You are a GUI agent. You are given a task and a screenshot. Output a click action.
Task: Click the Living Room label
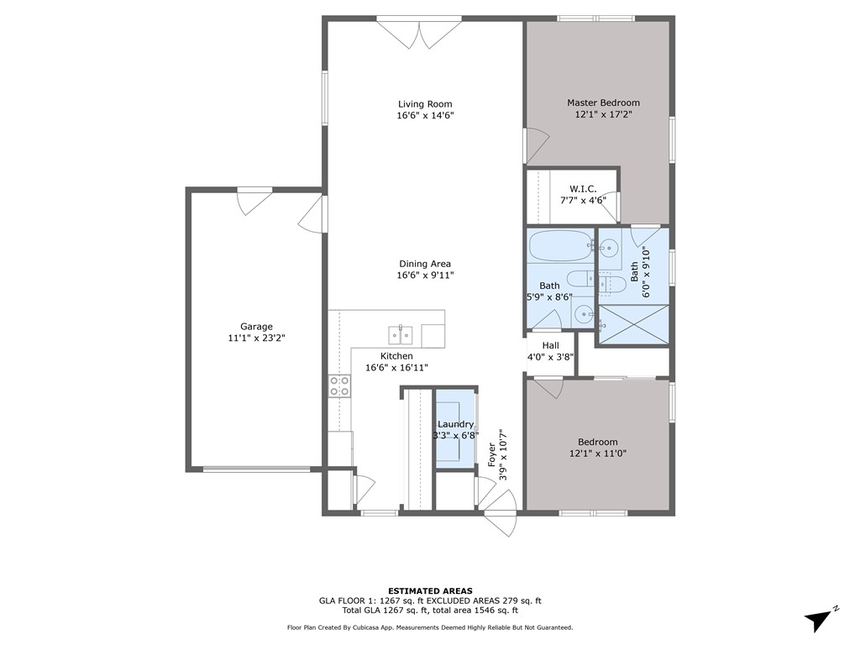[425, 103]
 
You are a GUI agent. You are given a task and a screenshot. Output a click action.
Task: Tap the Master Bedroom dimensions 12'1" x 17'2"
[603, 114]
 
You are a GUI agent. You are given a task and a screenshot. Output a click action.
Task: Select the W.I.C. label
[583, 189]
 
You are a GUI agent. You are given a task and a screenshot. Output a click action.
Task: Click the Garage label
[256, 327]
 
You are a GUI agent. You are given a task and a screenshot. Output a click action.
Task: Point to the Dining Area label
[425, 263]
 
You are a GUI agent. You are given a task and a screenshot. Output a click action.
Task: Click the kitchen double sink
[401, 333]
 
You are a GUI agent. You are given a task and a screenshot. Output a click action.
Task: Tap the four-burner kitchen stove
[339, 385]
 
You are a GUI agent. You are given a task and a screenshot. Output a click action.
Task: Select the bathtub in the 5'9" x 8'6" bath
[560, 246]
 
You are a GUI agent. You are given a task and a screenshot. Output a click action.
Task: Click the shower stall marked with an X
[633, 325]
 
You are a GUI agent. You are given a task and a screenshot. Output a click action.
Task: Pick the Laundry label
[455, 424]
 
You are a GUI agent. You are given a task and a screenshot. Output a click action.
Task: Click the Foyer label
[492, 454]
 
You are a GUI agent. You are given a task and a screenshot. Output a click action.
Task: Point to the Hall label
[551, 345]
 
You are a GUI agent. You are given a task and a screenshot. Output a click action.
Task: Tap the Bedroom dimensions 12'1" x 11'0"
[598, 454]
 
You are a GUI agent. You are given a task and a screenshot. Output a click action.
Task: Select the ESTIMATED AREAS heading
[430, 590]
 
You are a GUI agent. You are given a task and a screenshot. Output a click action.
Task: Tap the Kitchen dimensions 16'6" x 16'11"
[396, 368]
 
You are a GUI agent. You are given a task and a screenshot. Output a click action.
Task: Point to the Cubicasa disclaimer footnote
[430, 627]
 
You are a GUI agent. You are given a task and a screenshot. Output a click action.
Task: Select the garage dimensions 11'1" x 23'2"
[256, 338]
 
